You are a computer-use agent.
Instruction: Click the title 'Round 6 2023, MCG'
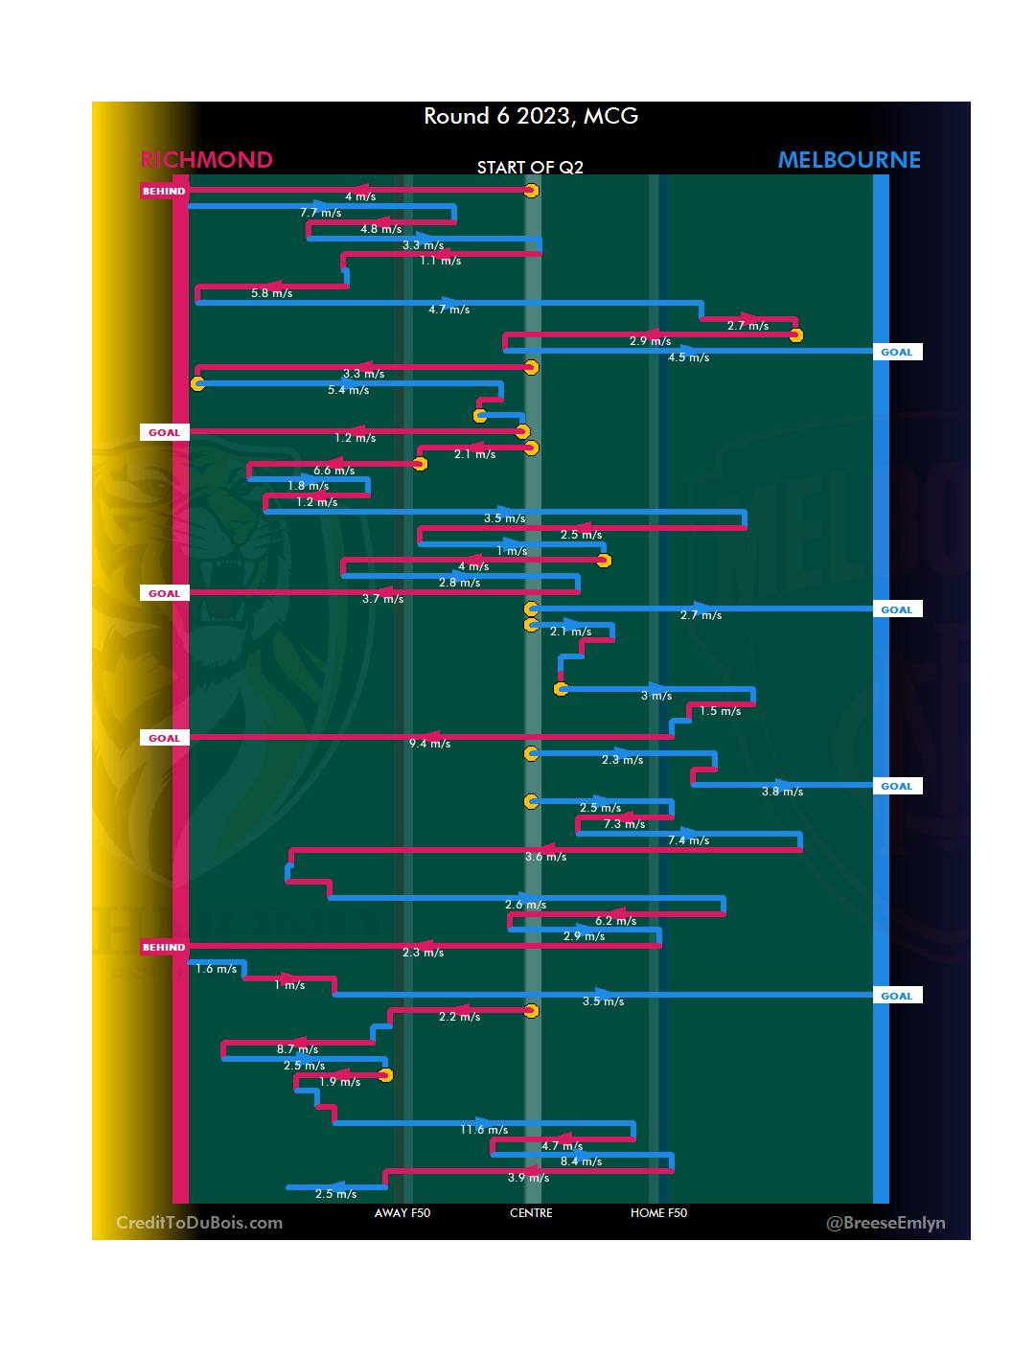coord(531,116)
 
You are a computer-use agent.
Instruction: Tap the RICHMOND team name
coord(207,160)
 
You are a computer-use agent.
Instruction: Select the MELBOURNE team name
coord(849,160)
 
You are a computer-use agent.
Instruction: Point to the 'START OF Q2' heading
coord(530,168)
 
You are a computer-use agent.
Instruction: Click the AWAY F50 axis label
coord(402,1213)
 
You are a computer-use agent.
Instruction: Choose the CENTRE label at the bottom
coord(531,1213)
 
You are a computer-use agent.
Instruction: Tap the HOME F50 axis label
coord(658,1213)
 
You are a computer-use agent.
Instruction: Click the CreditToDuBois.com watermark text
coord(199,1223)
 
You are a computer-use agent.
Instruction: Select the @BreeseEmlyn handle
coord(885,1223)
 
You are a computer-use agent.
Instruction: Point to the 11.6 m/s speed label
coord(484,1130)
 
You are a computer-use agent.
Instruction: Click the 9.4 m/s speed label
coord(429,744)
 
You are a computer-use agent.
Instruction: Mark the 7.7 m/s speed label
coord(320,213)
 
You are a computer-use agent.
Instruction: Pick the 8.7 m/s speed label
coord(297,1049)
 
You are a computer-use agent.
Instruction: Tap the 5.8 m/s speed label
coord(271,293)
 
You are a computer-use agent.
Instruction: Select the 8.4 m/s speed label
coord(581,1161)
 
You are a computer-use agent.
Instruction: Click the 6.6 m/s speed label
coord(333,471)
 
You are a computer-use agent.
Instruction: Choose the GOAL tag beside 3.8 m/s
coord(897,786)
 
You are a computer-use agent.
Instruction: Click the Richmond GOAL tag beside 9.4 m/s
coord(164,738)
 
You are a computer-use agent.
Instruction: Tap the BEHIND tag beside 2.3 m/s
coord(164,947)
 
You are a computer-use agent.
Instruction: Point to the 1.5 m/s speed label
coord(720,711)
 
